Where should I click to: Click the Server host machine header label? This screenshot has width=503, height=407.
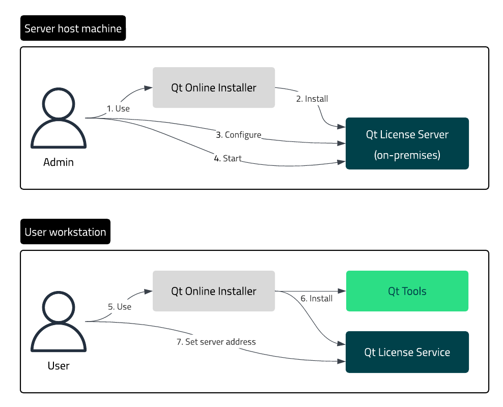(73, 28)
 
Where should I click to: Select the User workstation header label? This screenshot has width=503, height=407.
(65, 232)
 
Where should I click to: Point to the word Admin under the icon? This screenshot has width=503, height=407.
(58, 162)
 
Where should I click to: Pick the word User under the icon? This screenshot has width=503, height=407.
(58, 365)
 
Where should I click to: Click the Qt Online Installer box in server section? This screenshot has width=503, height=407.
(214, 88)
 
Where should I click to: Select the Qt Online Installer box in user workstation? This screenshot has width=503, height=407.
(214, 291)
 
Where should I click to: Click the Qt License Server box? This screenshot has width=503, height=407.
(407, 143)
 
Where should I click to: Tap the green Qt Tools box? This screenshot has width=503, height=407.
(407, 291)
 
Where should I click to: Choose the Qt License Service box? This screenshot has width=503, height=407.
(407, 352)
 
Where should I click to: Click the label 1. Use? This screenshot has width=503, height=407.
(118, 108)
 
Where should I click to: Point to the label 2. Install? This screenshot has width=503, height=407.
(312, 99)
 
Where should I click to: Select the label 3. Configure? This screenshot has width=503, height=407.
(238, 135)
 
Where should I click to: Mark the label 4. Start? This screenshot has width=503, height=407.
(228, 158)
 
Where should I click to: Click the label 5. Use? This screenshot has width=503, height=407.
(120, 307)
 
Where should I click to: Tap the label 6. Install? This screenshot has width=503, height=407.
(316, 298)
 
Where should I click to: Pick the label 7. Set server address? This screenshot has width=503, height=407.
(216, 342)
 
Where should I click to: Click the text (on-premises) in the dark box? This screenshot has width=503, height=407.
(407, 155)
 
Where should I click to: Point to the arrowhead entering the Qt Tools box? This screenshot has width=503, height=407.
(343, 291)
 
